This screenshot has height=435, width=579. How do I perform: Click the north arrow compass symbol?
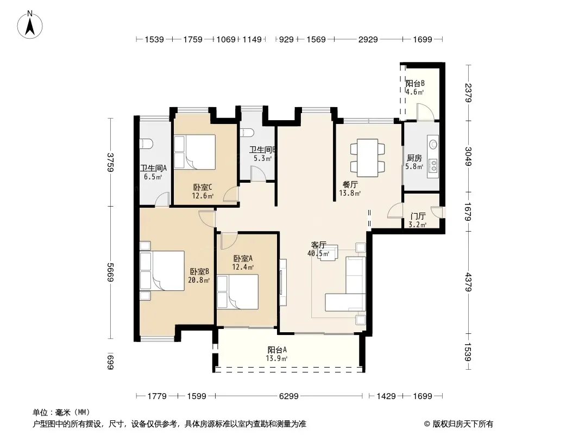pyautogui.click(x=30, y=25)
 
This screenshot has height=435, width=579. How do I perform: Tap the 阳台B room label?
pyautogui.click(x=415, y=84)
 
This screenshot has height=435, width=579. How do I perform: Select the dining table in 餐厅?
pyautogui.click(x=367, y=158)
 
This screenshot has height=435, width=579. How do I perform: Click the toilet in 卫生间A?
pyautogui.click(x=146, y=144)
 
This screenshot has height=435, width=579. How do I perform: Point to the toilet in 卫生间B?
pyautogui.click(x=247, y=133)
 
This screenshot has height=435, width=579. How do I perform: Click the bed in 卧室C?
pyautogui.click(x=194, y=152)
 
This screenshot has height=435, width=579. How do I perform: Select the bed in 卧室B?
pyautogui.click(x=162, y=271)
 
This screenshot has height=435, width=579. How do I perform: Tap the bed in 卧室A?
pyautogui.click(x=237, y=291)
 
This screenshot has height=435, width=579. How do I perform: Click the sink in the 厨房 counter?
pyautogui.click(x=433, y=144)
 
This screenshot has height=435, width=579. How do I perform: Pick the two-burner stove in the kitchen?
pyautogui.click(x=433, y=166)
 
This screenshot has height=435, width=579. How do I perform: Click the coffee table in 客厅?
pyautogui.click(x=328, y=253)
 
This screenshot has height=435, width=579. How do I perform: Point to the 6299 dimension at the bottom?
pyautogui.click(x=289, y=396)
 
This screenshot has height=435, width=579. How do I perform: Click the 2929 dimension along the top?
pyautogui.click(x=368, y=39)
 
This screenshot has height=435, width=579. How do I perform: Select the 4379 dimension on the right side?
pyautogui.click(x=468, y=282)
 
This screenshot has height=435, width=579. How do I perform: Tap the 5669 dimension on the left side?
pyautogui.click(x=110, y=272)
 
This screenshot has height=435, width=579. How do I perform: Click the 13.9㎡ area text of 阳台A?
pyautogui.click(x=276, y=358)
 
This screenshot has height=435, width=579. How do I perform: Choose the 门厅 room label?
pyautogui.click(x=418, y=216)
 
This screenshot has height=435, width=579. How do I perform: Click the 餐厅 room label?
pyautogui.click(x=350, y=184)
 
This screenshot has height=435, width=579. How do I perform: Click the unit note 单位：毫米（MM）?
pyautogui.click(x=61, y=413)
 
